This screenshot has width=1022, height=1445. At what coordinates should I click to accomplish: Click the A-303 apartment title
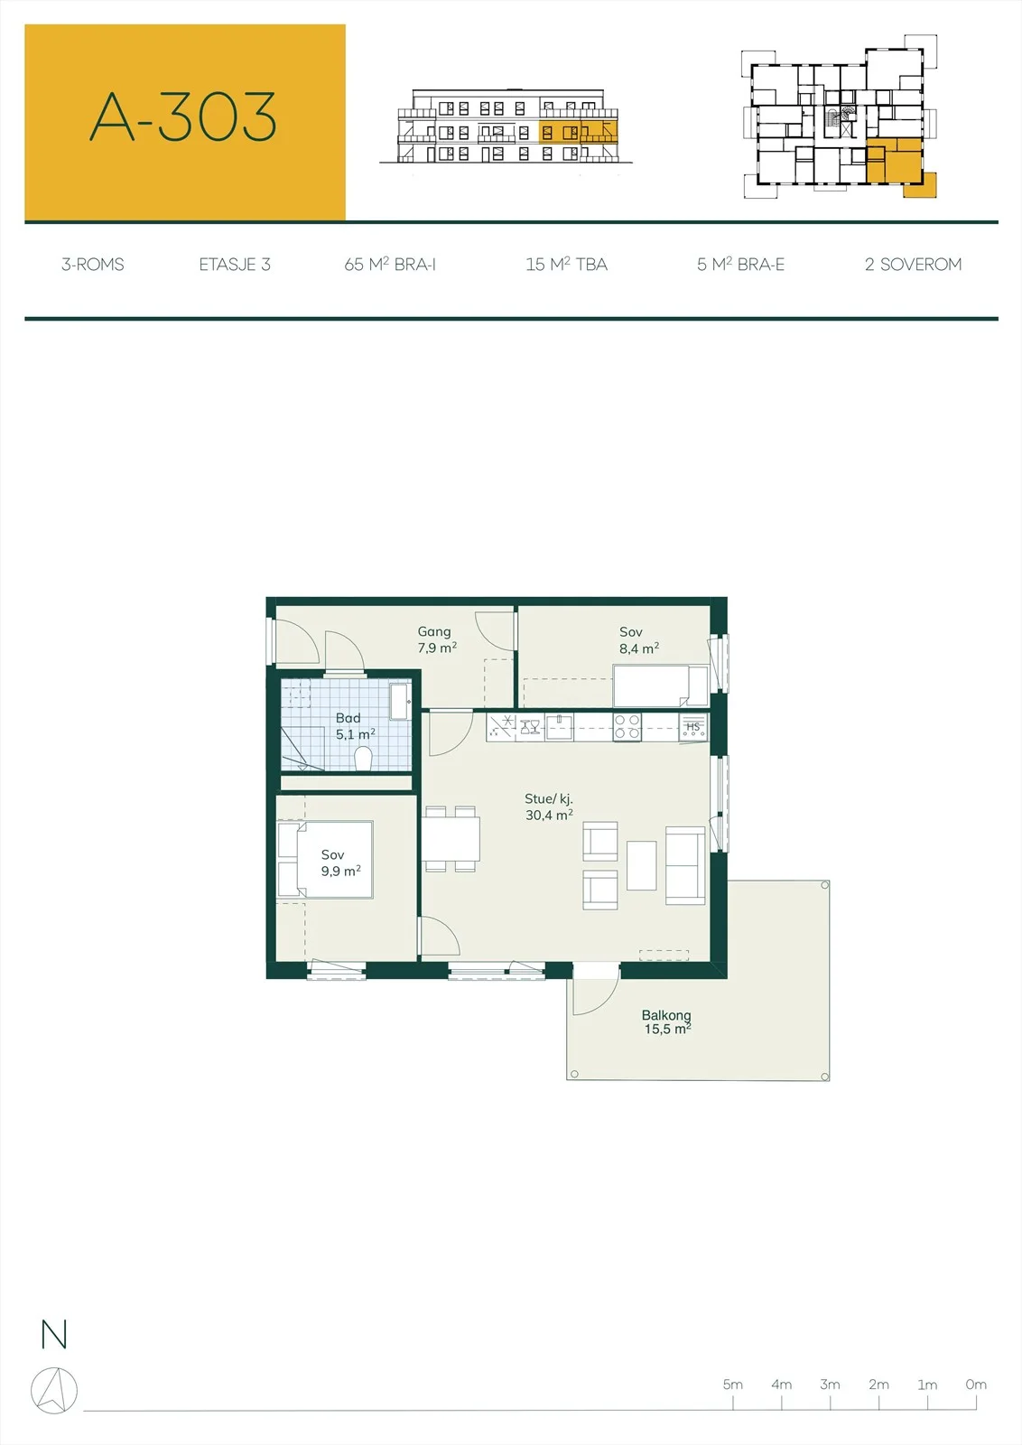[183, 117]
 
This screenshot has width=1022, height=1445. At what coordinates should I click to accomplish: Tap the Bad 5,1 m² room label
[356, 726]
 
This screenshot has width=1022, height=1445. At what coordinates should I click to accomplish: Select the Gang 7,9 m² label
[437, 640]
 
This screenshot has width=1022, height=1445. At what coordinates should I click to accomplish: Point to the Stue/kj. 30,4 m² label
[549, 807]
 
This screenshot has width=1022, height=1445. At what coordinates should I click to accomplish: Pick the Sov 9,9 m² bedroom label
[341, 863]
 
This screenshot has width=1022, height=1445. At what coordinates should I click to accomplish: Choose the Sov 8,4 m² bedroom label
[639, 640]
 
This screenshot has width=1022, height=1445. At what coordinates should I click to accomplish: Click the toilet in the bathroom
[363, 759]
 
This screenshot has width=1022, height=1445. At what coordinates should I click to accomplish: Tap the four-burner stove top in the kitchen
[627, 727]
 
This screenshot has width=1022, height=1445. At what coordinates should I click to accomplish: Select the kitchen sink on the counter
[559, 727]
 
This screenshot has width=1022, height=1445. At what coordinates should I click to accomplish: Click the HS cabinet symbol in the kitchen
[693, 727]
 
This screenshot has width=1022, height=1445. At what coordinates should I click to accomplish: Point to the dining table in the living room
[451, 839]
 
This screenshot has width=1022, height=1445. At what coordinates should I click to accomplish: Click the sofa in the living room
[685, 865]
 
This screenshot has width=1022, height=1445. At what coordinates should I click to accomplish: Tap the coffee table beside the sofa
[642, 866]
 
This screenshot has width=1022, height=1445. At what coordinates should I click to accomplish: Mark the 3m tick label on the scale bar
[830, 1384]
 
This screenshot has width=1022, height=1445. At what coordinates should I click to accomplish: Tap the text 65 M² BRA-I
[390, 265]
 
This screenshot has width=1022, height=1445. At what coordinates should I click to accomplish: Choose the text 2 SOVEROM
[913, 265]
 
